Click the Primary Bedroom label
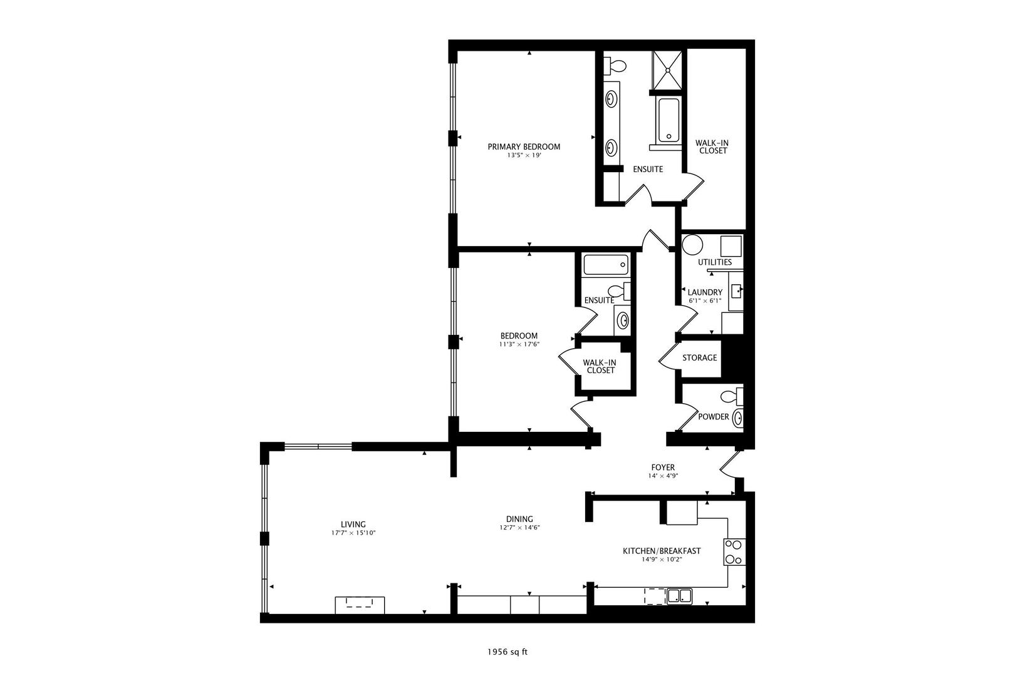(x=524, y=146)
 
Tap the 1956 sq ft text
(x=507, y=652)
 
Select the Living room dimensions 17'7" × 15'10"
(x=353, y=533)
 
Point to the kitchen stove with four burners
(x=734, y=552)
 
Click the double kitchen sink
(x=679, y=595)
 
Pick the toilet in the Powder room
(x=730, y=396)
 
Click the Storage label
(x=699, y=357)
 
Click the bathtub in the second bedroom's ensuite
(x=605, y=265)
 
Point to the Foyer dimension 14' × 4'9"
(x=663, y=476)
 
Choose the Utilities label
(x=714, y=262)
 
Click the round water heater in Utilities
(x=692, y=244)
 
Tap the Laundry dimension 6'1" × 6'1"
(x=705, y=300)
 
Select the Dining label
(x=519, y=519)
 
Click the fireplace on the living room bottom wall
(x=360, y=605)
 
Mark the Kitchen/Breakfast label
(x=661, y=551)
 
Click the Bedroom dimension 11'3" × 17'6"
(x=519, y=344)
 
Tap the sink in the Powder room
(x=739, y=417)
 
